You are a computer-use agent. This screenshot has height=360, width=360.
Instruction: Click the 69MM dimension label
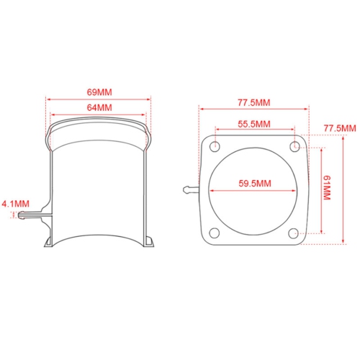99,93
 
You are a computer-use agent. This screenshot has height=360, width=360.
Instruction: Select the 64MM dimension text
99,107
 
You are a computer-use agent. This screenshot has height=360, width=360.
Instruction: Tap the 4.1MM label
14,203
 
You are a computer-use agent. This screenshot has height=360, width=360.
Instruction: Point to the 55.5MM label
254,124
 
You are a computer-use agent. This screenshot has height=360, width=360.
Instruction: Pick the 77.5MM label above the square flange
254,102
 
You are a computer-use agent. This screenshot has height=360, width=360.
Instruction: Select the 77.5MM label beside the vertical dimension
340,128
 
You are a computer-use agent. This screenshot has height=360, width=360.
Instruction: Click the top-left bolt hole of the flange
215,146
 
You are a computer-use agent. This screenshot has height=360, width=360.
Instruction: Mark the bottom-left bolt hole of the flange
215,233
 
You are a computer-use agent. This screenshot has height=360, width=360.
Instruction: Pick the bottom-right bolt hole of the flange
294,233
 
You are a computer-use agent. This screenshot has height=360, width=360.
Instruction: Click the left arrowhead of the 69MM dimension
48,100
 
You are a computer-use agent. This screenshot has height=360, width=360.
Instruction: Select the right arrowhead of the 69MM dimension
152,100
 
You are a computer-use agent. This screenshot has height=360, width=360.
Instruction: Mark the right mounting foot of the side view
149,241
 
